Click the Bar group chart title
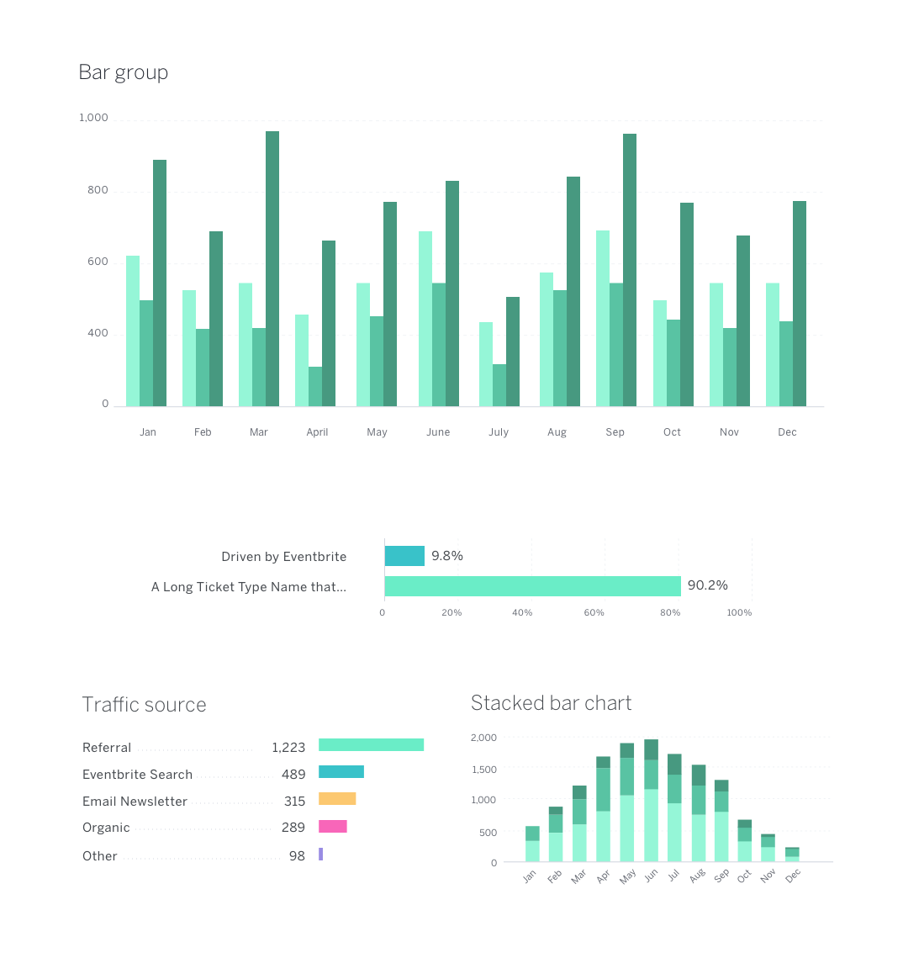coord(124,73)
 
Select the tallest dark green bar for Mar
coord(272,268)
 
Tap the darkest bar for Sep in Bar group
coord(630,270)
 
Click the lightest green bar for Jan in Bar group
coord(133,331)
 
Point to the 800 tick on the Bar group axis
coord(98,190)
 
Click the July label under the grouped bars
coord(499,432)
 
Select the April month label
coord(317,432)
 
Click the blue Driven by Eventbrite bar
coord(404,556)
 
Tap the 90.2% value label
coord(708,585)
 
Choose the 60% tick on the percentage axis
coord(594,612)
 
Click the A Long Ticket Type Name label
coord(248,587)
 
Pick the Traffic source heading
coord(144,704)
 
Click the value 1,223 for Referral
coord(288,748)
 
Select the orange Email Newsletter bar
coord(337,798)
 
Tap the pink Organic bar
coord(333,827)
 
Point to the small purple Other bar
coord(321,855)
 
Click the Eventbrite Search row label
coord(137,775)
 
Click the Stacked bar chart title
coord(551,703)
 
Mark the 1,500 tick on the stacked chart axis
coord(484,770)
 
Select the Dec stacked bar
coord(792,855)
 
